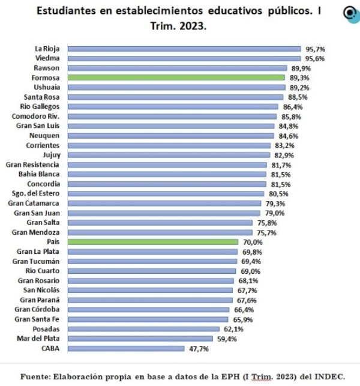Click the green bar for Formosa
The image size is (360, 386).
pos(176,77)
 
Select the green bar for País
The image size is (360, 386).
pos(152,242)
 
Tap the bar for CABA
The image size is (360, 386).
pos(126,348)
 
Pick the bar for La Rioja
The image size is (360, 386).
pos(184,49)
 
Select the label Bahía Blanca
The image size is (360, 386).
pos(39,174)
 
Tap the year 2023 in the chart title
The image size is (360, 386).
pos(191,27)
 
